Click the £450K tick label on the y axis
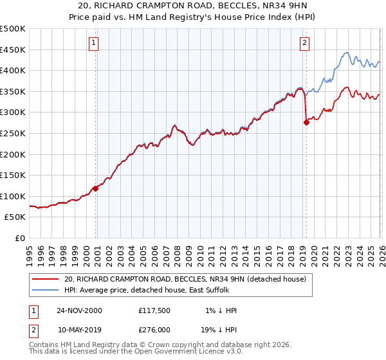pyautogui.click(x=13, y=50)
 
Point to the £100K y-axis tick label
pyautogui.click(x=13, y=196)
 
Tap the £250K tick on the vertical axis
pyautogui.click(x=13, y=133)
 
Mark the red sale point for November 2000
pyautogui.click(x=96, y=188)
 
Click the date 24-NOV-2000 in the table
pyautogui.click(x=79, y=310)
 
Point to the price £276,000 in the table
pyautogui.click(x=153, y=329)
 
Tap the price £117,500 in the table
pyautogui.click(x=153, y=310)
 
